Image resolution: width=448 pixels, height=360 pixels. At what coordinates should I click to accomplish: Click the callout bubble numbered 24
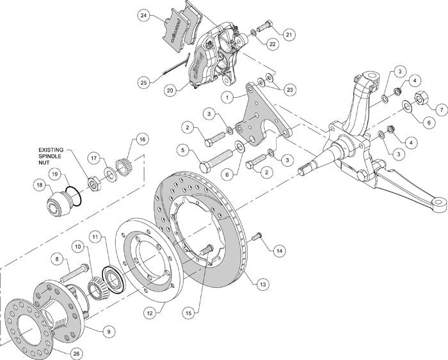click(144, 15)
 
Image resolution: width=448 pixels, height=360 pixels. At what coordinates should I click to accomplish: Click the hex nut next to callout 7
click(422, 99)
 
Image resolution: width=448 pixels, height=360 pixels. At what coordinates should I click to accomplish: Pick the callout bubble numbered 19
click(56, 174)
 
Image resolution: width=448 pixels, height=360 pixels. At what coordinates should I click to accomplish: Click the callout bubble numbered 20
click(170, 91)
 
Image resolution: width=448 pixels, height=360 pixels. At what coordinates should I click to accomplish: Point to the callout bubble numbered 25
click(143, 82)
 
